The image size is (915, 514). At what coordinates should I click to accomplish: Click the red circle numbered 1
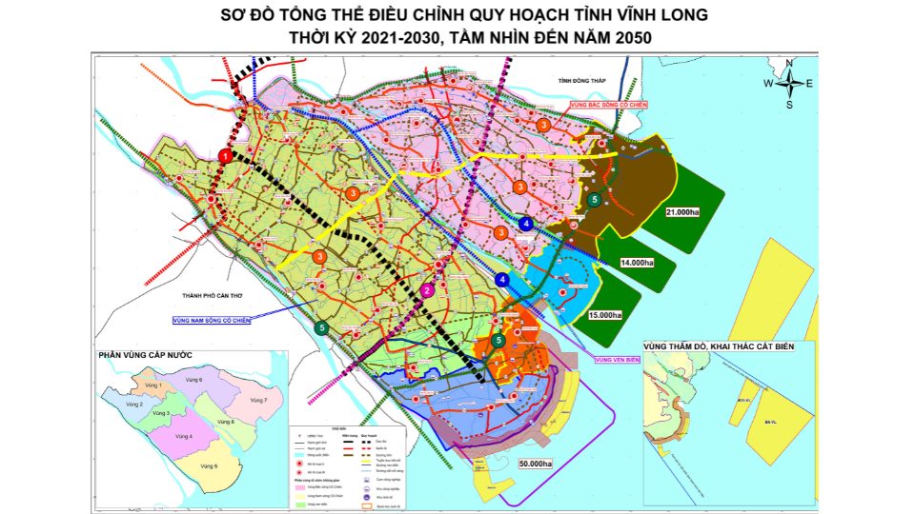(x=225, y=156)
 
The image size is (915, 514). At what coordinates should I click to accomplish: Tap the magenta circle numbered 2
(x=428, y=291)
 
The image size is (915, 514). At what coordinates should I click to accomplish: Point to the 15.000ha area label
(x=604, y=315)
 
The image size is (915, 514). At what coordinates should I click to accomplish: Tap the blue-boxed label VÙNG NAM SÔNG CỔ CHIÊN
(x=212, y=321)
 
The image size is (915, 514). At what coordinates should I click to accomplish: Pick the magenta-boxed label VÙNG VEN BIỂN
(x=617, y=360)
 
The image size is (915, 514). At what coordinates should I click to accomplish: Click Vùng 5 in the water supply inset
(x=208, y=465)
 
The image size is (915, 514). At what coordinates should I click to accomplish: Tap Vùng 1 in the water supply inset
(x=152, y=385)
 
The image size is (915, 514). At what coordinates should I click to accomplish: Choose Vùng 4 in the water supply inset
(x=183, y=437)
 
